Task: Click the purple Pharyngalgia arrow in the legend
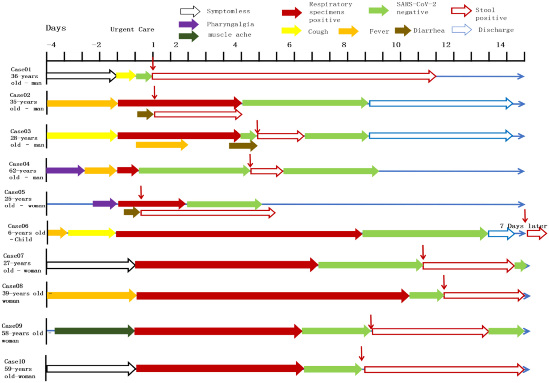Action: [188, 24]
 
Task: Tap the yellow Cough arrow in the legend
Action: [291, 31]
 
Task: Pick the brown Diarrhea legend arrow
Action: [403, 30]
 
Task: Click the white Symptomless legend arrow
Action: [190, 11]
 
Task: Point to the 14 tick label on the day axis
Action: [500, 45]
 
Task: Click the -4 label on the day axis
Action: [51, 45]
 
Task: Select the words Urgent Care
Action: [132, 30]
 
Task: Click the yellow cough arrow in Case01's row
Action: [126, 76]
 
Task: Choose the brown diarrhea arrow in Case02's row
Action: [145, 114]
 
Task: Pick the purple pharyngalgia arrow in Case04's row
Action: [65, 170]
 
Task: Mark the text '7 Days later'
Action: [523, 226]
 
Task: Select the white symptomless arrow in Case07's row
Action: [90, 265]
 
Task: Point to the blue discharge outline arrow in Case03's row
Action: [440, 136]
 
